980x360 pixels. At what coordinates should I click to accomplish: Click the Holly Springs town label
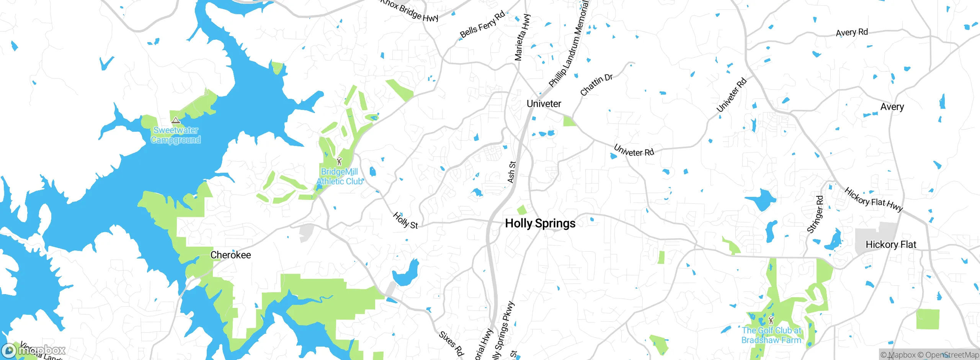(540, 223)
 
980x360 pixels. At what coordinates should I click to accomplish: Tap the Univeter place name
(544, 104)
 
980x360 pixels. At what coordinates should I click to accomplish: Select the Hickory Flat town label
(891, 245)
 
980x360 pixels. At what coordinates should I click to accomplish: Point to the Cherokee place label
(230, 255)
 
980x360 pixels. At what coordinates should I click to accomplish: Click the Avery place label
(892, 107)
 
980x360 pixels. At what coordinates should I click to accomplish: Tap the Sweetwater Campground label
(176, 135)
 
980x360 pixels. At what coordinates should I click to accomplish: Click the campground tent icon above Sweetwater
(176, 121)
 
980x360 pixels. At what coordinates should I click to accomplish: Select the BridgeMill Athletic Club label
(340, 177)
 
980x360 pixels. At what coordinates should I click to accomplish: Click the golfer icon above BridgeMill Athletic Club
(339, 161)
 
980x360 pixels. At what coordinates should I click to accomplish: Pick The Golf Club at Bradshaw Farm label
(771, 335)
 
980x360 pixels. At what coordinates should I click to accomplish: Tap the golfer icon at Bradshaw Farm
(771, 320)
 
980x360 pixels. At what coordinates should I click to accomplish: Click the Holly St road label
(405, 221)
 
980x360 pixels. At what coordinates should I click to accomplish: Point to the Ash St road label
(511, 172)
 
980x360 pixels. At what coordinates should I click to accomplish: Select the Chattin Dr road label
(596, 85)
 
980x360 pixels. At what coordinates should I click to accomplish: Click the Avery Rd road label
(852, 33)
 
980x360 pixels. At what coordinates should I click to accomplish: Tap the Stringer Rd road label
(815, 214)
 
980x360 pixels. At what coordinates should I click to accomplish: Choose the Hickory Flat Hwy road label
(874, 200)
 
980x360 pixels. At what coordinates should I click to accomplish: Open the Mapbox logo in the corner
(34, 350)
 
